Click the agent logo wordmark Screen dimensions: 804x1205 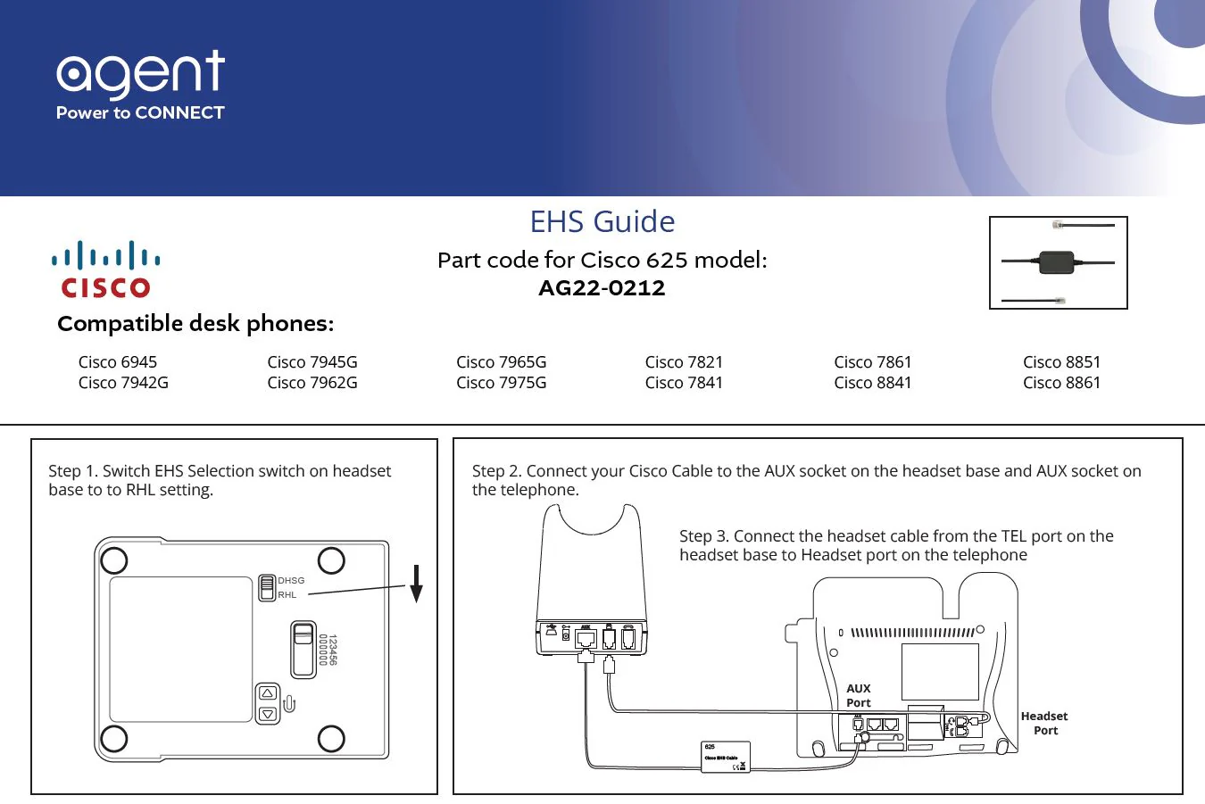tap(140, 74)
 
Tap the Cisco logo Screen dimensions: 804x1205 tap(105, 269)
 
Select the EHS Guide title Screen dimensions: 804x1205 tap(602, 221)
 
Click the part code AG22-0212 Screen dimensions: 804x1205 tap(602, 288)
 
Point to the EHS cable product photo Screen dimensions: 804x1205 tap(1058, 262)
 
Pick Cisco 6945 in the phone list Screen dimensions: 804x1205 tap(118, 362)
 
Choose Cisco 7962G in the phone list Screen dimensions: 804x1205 tap(312, 383)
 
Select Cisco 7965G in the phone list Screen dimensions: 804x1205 tap(501, 362)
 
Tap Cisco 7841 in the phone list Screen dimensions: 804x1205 tap(684, 383)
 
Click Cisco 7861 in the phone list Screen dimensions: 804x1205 tap(872, 362)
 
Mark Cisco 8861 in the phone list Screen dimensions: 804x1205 tap(1061, 383)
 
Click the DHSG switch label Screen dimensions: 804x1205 tap(291, 581)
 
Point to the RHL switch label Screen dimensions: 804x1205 tap(287, 595)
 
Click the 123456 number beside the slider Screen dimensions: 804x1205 tap(333, 650)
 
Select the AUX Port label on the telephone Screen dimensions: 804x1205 tap(859, 696)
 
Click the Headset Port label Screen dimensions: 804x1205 tap(1044, 724)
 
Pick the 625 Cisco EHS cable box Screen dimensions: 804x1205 tap(725, 757)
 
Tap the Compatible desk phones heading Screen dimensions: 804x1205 tap(195, 324)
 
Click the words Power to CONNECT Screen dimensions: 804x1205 tap(140, 113)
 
